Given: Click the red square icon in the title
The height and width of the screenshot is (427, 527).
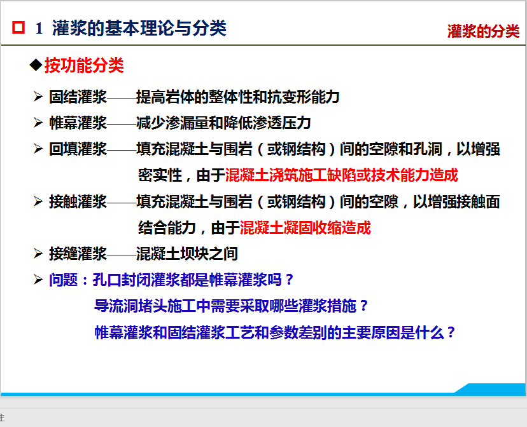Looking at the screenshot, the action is [x=18, y=27].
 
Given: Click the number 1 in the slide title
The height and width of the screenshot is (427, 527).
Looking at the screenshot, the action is [x=39, y=28].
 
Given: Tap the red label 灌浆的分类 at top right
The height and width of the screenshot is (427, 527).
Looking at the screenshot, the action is [x=483, y=31].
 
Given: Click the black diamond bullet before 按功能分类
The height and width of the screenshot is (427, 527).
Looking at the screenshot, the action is [x=36, y=64].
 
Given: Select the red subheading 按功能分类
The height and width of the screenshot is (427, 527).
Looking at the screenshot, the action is [x=85, y=65].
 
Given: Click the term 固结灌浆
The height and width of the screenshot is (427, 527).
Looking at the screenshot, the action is [x=78, y=97].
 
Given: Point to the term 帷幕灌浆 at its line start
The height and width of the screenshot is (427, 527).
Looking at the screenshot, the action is [x=78, y=123].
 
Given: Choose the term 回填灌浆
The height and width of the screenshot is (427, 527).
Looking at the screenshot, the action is [x=78, y=149].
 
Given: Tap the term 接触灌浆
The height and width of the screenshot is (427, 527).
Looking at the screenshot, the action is [x=78, y=201].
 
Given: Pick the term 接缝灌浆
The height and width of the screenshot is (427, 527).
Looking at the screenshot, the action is [x=78, y=254].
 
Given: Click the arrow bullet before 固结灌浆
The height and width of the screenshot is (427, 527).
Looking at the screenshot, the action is [x=38, y=97].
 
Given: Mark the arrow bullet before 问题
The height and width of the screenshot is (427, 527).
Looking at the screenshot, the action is [x=38, y=280].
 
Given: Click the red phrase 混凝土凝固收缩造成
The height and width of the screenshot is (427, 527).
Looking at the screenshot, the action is [x=305, y=227].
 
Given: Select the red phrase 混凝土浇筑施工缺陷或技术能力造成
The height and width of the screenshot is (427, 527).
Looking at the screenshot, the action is [x=342, y=175].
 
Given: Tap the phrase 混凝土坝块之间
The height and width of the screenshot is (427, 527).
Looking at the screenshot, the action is [x=187, y=254].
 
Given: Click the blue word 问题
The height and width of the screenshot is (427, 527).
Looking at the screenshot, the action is [x=64, y=280].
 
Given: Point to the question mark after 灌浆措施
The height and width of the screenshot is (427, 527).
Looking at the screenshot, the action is [x=363, y=306].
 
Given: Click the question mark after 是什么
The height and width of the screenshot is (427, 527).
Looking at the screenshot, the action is [x=451, y=332].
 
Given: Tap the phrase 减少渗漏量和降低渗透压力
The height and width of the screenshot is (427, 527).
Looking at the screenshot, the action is [x=223, y=123].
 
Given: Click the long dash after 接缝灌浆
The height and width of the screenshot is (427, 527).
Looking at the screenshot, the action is [x=122, y=254].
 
